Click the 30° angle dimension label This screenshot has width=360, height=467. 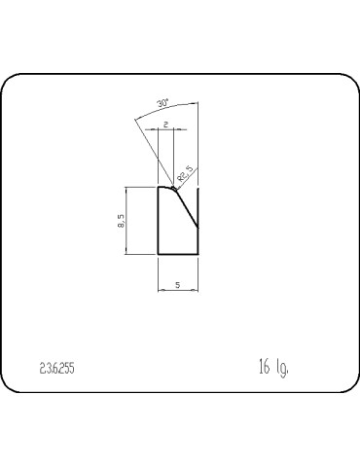tap(162, 102)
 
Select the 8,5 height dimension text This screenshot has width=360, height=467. tap(119, 221)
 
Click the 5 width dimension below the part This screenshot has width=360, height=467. tap(177, 284)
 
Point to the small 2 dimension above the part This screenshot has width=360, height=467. tap(165, 125)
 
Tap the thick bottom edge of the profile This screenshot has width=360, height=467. tap(178, 255)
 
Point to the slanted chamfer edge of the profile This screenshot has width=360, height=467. tap(187, 207)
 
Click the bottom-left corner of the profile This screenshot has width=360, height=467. tap(159, 255)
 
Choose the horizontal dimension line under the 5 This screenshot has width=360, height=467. tap(177, 290)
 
